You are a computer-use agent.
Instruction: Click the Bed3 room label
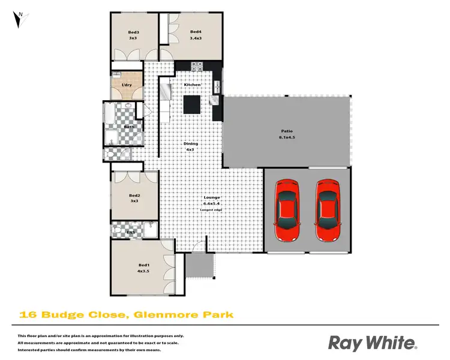click(134, 32)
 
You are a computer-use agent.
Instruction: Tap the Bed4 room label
click(195, 32)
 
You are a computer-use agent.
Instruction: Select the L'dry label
click(127, 85)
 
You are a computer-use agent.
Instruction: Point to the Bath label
click(129, 127)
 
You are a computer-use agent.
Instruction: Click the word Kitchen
click(192, 85)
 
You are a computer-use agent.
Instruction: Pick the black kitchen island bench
click(192, 104)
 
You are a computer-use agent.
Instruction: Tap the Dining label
click(190, 144)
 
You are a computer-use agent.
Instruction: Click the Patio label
click(286, 131)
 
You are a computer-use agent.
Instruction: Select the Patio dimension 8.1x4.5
click(286, 137)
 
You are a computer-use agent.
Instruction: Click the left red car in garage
click(286, 208)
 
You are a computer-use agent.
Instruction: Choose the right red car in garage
click(328, 208)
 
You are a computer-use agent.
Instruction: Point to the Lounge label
click(212, 197)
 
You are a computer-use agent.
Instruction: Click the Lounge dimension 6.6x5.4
click(212, 203)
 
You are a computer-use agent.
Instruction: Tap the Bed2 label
click(134, 195)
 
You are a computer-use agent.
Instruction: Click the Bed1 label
click(143, 265)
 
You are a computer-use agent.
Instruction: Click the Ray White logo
click(372, 343)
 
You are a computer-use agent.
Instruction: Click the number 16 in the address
click(28, 314)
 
